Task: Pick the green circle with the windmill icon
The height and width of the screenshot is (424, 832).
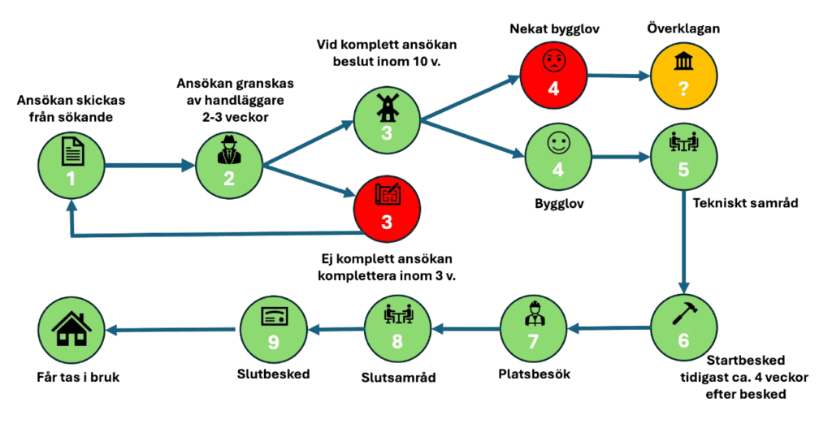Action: pos(387,120)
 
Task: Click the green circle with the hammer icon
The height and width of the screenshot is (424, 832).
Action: pos(683,328)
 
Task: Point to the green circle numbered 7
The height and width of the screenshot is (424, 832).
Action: pos(533,328)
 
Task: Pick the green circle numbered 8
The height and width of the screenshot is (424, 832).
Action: pos(397,328)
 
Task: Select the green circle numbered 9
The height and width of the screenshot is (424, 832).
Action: pos(273,328)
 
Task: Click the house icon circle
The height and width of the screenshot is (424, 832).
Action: pos(71,328)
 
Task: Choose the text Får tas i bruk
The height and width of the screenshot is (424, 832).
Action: pos(80,377)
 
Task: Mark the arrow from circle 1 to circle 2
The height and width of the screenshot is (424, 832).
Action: pos(149,165)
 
